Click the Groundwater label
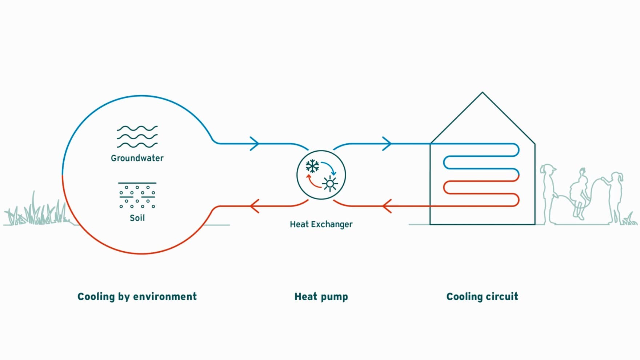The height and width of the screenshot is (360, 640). [137, 158]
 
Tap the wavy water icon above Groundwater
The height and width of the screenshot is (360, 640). [137, 137]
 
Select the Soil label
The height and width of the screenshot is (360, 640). [137, 218]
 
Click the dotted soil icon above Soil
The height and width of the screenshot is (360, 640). [137, 196]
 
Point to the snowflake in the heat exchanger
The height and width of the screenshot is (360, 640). [312, 166]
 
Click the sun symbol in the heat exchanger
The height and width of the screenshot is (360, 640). [330, 184]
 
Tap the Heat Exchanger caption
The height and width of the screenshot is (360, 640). [321, 224]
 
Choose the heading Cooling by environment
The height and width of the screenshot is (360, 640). [137, 297]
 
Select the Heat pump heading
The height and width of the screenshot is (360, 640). [321, 297]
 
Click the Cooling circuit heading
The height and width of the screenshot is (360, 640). [482, 297]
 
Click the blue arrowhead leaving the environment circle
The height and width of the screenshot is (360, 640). [255, 143]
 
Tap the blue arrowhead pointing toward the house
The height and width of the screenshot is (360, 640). [387, 143]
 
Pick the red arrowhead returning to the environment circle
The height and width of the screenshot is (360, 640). [255, 206]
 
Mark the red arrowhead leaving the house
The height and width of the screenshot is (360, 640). [387, 206]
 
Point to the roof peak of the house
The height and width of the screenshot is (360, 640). [483, 92]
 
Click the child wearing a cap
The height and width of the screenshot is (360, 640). [548, 193]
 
